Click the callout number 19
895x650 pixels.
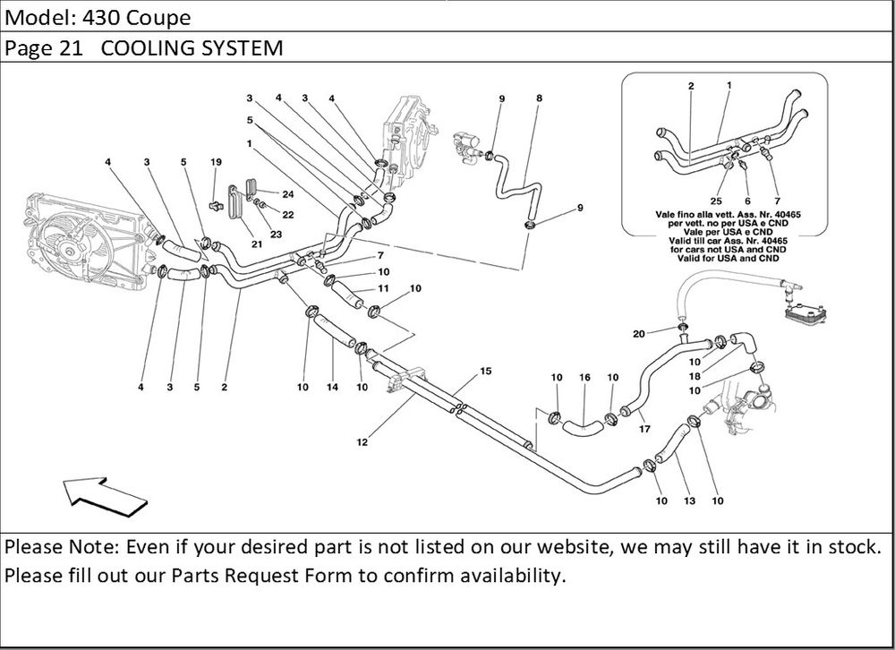click(215, 162)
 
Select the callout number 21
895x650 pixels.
click(256, 244)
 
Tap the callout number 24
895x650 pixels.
click(288, 193)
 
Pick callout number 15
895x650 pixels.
click(486, 371)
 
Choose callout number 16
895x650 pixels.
click(584, 377)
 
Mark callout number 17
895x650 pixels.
click(644, 428)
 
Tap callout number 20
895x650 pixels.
click(639, 334)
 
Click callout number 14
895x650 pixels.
click(333, 388)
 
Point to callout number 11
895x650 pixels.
click(382, 288)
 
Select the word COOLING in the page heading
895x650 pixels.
click(144, 48)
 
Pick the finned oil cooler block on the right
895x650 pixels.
click(803, 310)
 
